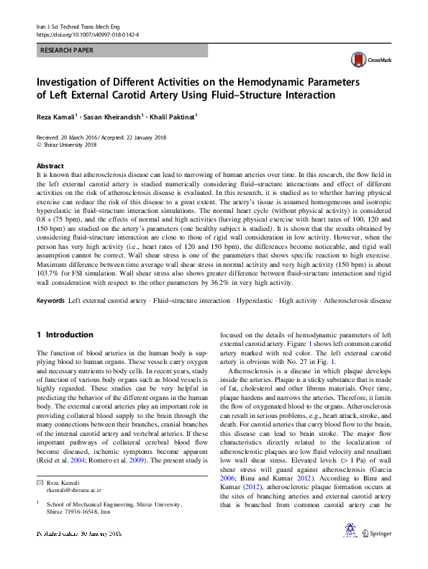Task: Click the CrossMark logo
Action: [368, 60]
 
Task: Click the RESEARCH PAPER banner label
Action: [69, 51]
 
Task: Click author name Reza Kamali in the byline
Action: [57, 117]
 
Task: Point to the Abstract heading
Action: [50, 166]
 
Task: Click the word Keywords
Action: [50, 299]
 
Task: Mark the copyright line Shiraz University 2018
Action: [69, 144]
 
